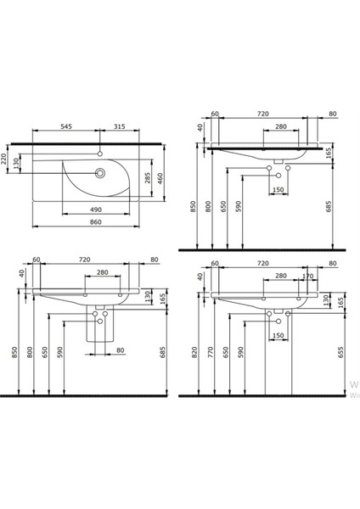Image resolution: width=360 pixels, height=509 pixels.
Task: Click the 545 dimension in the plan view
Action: point(65,127)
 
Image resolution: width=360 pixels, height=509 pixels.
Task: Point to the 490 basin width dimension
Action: point(98,209)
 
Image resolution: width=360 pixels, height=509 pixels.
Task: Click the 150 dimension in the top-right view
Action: point(278,190)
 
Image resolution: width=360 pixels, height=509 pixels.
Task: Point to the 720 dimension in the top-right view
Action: point(262,114)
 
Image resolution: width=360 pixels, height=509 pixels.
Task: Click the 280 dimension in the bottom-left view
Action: point(102,273)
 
